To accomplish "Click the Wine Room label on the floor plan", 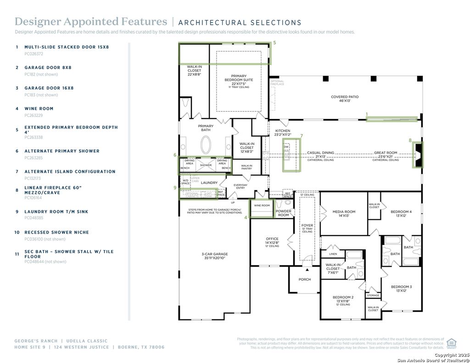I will coord(262,206).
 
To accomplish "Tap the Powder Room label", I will coord(283,213).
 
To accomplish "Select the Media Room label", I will coord(344,213).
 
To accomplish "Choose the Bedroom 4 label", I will coord(401,213).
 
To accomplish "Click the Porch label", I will coord(304,279).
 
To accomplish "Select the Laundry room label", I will coord(209,183).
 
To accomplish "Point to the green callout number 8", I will coord(410,140).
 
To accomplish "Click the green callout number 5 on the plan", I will coord(274,43).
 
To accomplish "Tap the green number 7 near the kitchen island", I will coord(301,136).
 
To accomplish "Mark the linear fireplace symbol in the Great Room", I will coord(418,156).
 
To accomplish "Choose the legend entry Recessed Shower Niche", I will coord(56,232).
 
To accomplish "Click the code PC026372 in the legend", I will coord(34,54).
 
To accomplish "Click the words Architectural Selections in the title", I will coord(240,22).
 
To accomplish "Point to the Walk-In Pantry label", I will coord(246,167).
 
